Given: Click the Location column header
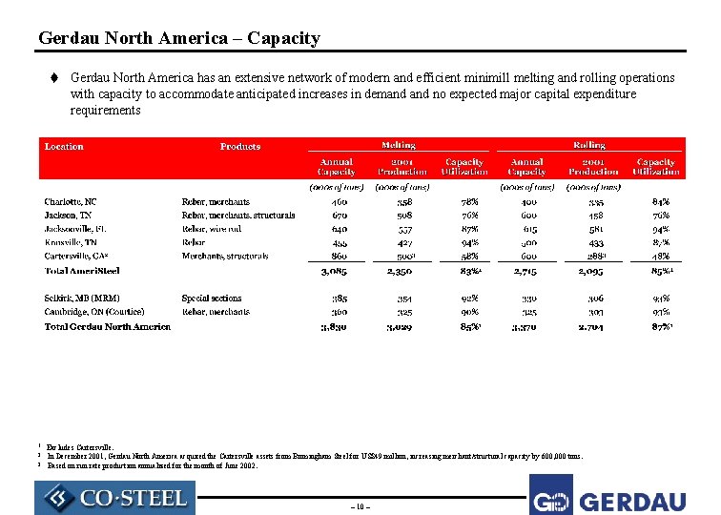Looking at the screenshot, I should (64, 147).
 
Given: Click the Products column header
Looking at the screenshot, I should (240, 147).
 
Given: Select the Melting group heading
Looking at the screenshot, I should (398, 145).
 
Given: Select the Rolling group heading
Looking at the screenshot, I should (588, 145).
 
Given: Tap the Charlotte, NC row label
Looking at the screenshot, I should (71, 202).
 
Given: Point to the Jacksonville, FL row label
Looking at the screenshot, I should (77, 229).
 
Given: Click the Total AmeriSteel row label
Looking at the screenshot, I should (82, 272).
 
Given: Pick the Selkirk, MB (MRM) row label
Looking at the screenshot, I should (83, 299).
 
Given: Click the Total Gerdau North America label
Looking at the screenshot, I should (108, 326).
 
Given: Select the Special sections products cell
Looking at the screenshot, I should (212, 299).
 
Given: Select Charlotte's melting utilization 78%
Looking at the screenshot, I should (469, 202).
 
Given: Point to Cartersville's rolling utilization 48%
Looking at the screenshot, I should (660, 257).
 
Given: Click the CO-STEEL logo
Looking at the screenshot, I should (114, 497).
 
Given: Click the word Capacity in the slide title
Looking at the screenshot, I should (283, 38).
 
